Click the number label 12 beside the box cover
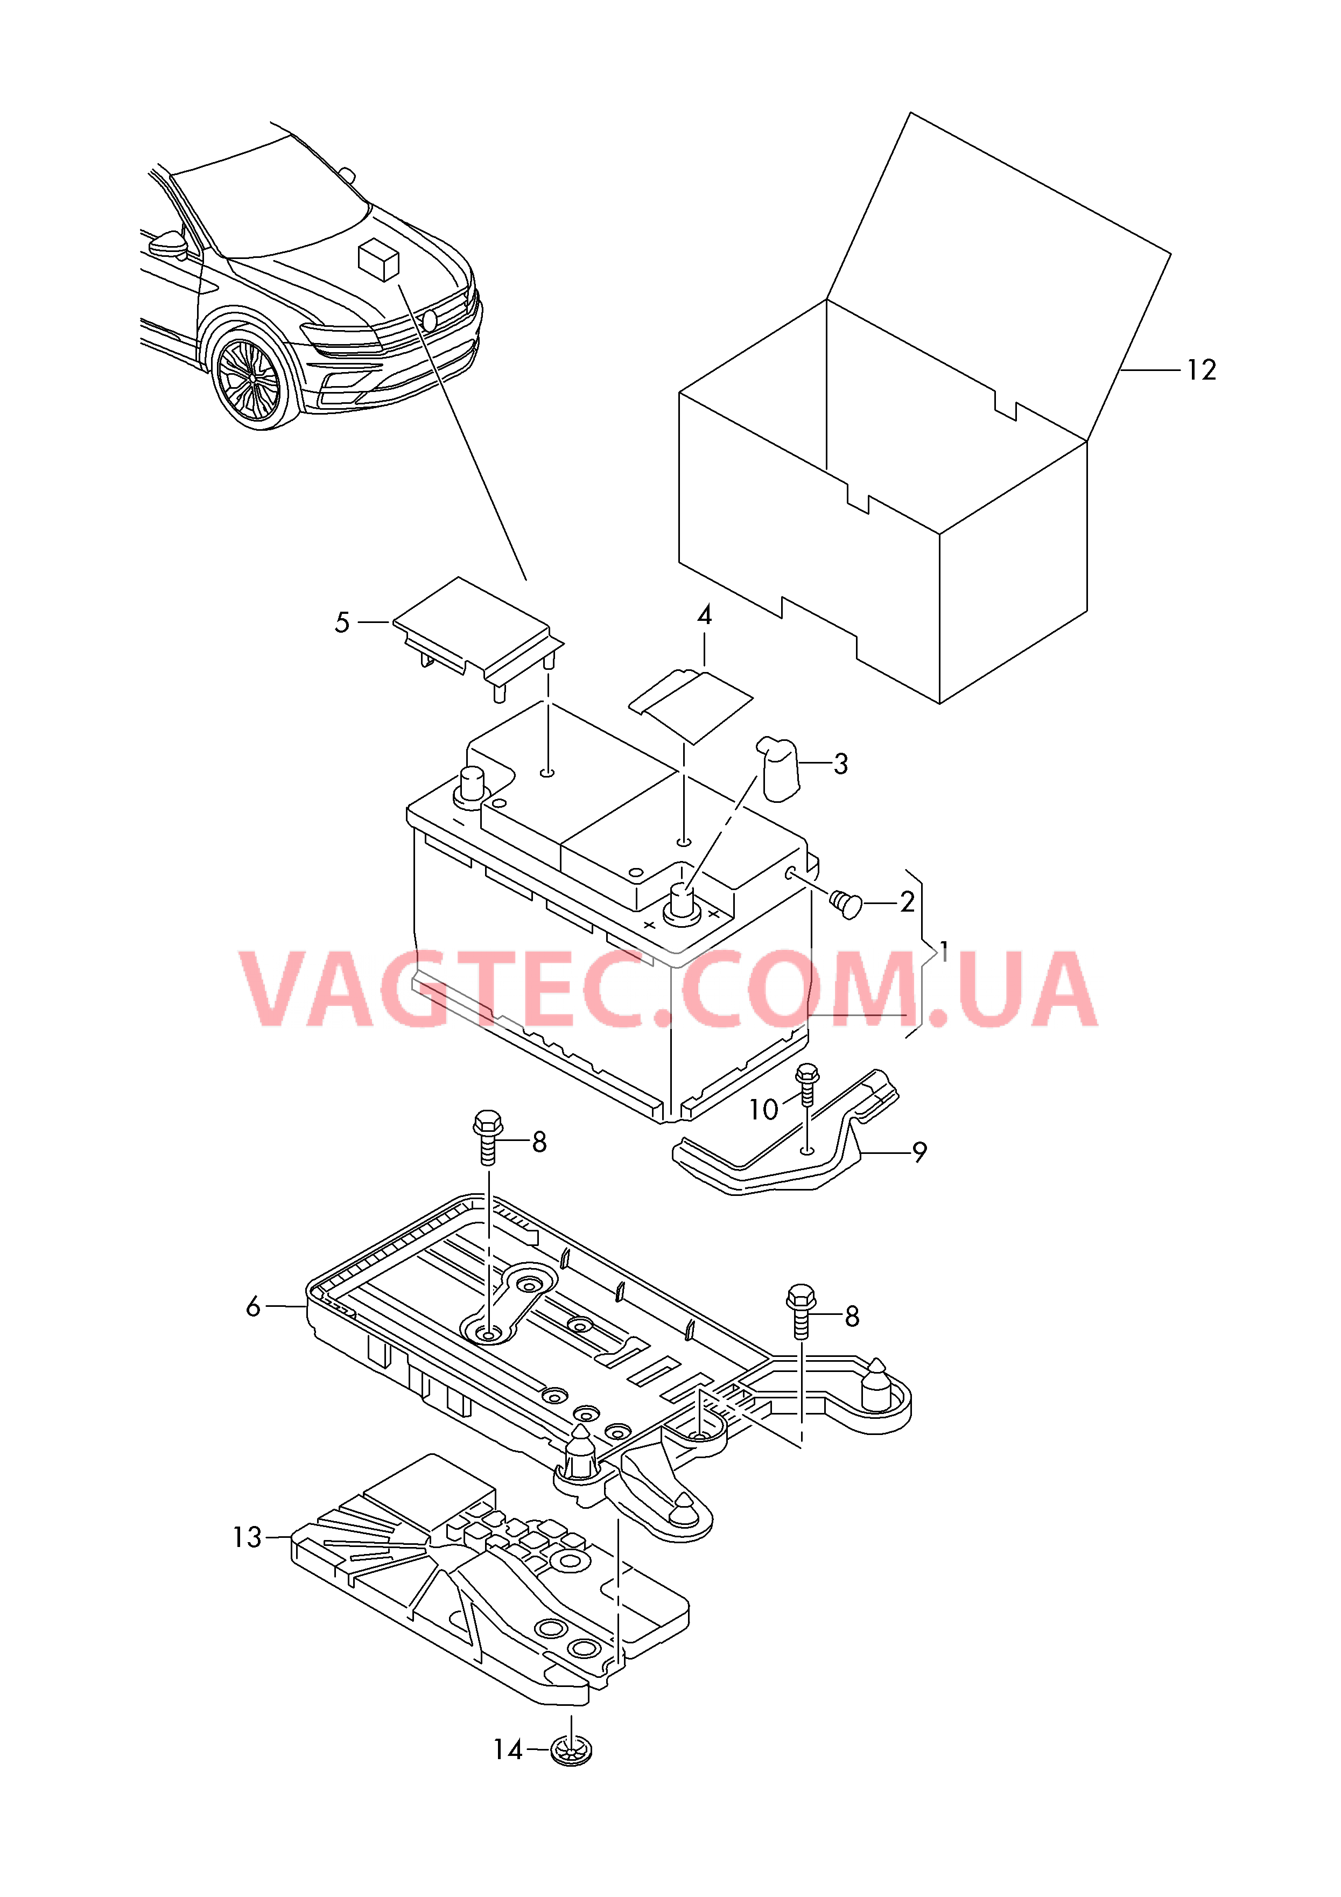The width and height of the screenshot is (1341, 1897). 1202,369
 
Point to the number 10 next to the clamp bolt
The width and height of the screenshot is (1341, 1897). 763,1110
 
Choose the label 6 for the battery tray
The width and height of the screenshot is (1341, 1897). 253,1306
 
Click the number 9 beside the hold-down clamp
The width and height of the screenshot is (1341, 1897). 919,1152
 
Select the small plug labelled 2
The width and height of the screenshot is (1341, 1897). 845,904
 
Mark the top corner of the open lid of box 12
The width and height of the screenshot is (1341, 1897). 910,113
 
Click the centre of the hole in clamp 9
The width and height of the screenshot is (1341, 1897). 808,1149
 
